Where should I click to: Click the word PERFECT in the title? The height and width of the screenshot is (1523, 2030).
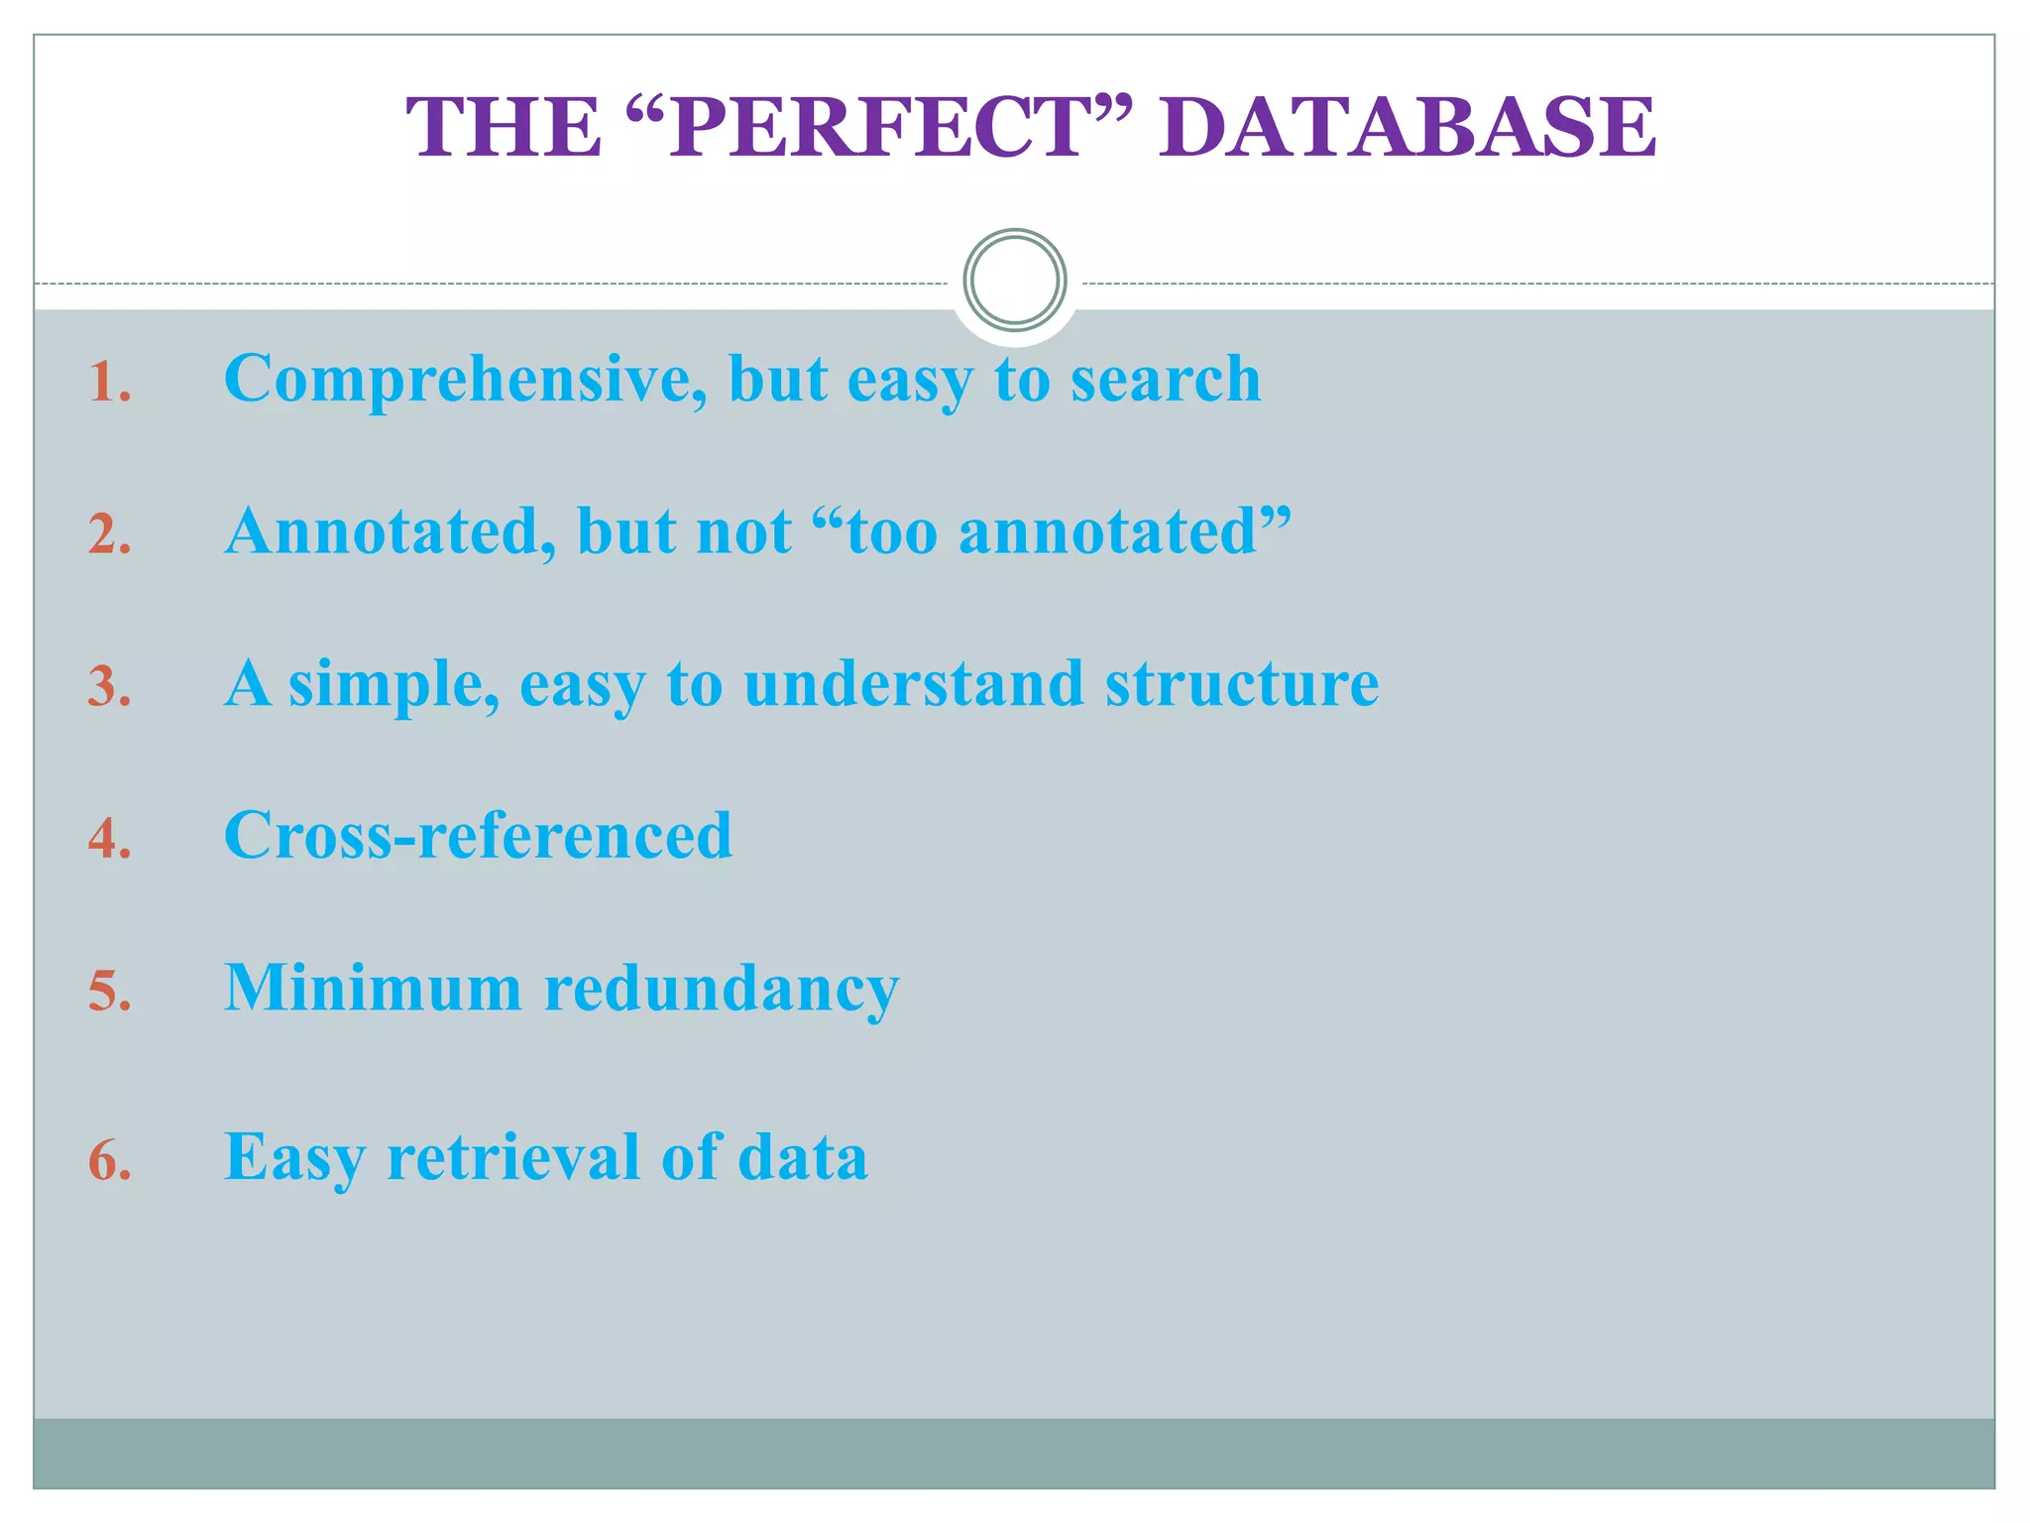click(x=877, y=129)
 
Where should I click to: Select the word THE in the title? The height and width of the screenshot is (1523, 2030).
click(x=504, y=129)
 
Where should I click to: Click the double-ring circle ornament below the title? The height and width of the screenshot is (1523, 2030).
click(x=1014, y=281)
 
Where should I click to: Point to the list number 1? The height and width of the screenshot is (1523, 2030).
click(x=109, y=383)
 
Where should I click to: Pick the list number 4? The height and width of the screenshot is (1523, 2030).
click(x=109, y=839)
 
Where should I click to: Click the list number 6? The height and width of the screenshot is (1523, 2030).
click(x=109, y=1161)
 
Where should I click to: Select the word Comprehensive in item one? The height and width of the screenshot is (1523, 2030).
click(x=465, y=381)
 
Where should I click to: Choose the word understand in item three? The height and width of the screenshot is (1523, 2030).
click(x=913, y=684)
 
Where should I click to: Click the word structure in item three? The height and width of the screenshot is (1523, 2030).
click(x=1241, y=684)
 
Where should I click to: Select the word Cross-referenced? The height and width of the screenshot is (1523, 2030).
click(x=478, y=836)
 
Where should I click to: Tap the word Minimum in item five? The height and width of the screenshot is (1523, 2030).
click(x=373, y=989)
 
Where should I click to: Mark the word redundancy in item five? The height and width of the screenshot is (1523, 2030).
click(x=722, y=989)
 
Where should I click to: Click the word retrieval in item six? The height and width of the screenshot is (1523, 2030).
click(x=513, y=1157)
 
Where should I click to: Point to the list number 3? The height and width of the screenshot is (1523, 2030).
click(x=109, y=687)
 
